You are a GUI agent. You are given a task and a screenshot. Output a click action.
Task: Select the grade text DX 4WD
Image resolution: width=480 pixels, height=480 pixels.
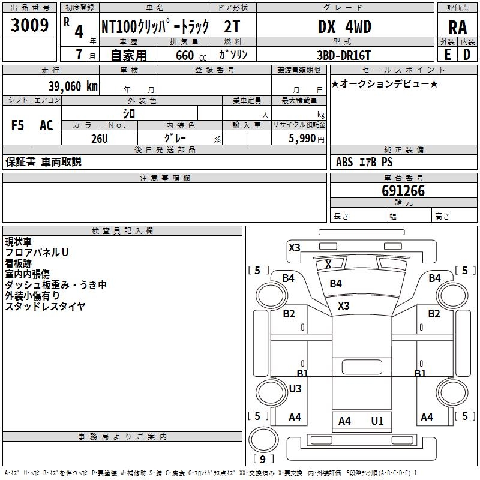pos(344,27)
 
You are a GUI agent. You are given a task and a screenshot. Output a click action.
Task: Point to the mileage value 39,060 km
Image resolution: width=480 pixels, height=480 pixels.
pos(73,86)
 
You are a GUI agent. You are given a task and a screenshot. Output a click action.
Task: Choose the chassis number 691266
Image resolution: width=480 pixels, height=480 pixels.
pos(403,191)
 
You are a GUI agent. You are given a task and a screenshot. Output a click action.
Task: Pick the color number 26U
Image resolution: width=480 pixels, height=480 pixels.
pos(100,138)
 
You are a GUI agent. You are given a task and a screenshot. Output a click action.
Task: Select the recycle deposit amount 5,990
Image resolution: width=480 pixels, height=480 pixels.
pos(302,139)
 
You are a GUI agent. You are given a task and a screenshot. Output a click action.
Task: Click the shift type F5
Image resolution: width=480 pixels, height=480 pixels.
pos(18,125)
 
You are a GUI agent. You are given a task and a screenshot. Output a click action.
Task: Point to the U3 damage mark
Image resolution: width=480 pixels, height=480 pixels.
pos(295,388)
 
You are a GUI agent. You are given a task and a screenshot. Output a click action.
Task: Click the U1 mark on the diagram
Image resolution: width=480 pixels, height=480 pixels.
pos(377,421)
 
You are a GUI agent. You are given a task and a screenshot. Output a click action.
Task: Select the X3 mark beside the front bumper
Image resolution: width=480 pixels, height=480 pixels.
pos(295,247)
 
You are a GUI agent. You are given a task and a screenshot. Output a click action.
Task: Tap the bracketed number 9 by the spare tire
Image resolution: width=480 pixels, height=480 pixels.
pos(262,459)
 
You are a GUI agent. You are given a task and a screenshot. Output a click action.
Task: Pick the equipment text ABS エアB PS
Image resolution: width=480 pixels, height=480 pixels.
pos(364,162)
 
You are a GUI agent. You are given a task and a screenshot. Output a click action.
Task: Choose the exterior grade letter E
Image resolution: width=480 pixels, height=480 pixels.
pos(447,55)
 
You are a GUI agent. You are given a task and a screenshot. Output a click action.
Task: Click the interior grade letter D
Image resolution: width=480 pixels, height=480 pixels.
pos(467,55)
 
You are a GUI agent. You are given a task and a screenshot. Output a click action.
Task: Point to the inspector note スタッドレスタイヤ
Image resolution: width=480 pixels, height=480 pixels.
pos(45,307)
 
